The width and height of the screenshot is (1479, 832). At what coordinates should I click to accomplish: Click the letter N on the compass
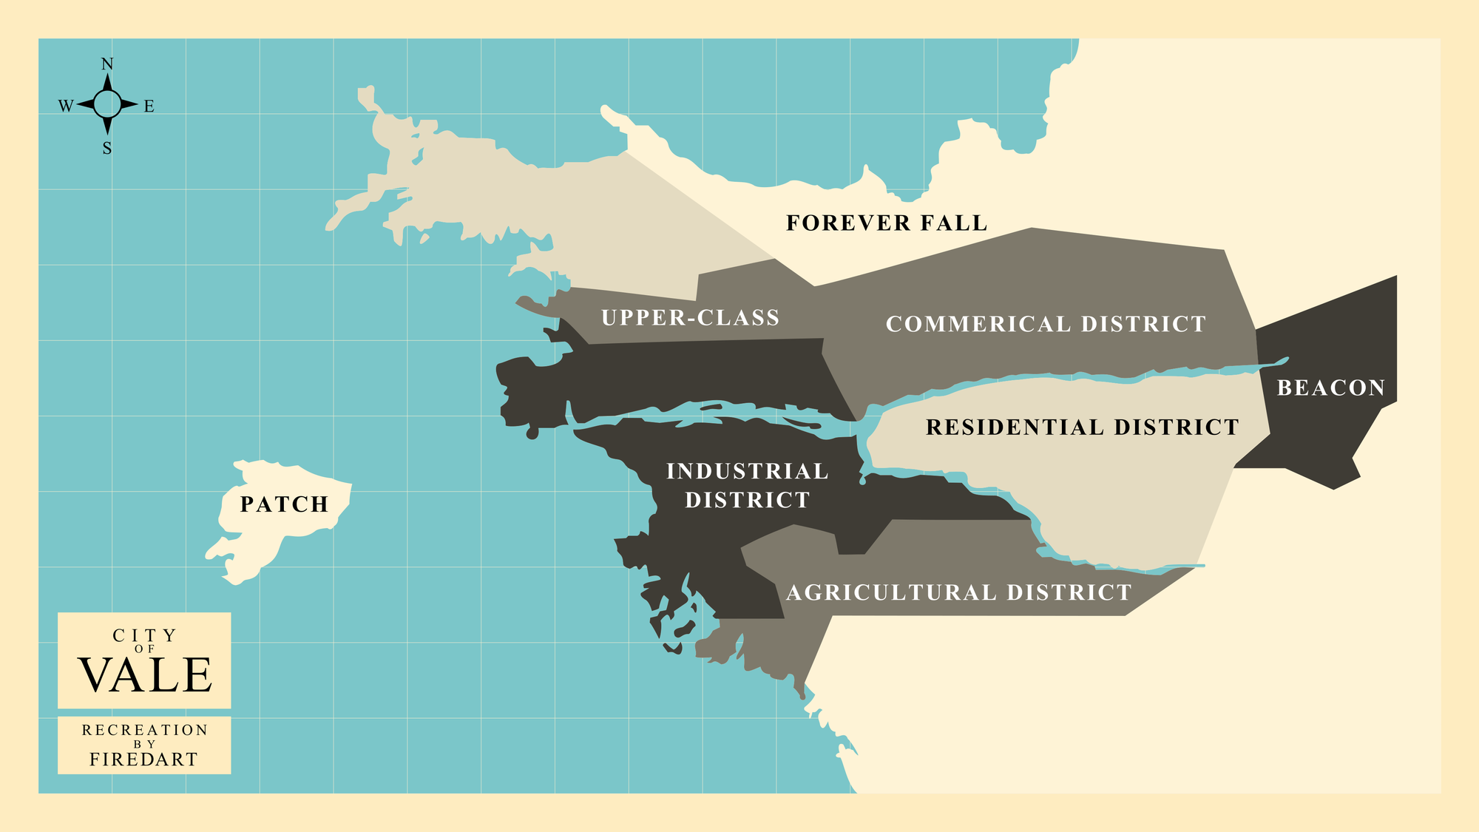(107, 64)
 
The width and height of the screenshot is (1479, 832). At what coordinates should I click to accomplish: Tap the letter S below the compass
(107, 149)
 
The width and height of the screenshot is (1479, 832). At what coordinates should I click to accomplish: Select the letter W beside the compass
(66, 106)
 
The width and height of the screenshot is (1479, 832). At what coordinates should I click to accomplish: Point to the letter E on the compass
(149, 106)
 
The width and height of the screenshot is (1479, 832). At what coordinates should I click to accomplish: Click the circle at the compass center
(107, 104)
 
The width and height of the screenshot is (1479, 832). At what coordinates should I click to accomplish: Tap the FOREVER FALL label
(886, 223)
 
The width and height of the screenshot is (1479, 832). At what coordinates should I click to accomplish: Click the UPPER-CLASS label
(691, 318)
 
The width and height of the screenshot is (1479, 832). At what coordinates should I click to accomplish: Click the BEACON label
(1330, 388)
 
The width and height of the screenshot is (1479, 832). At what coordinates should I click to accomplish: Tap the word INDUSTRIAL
(747, 471)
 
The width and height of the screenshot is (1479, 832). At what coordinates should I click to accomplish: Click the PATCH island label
(284, 504)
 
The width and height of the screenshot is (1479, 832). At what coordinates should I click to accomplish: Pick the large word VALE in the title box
(145, 675)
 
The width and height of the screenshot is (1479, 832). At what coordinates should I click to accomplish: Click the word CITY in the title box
(145, 635)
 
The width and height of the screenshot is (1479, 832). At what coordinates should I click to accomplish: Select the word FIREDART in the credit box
(144, 760)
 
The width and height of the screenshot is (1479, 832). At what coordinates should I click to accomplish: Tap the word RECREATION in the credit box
(145, 730)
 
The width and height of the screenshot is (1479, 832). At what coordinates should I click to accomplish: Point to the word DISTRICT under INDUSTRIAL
(747, 500)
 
